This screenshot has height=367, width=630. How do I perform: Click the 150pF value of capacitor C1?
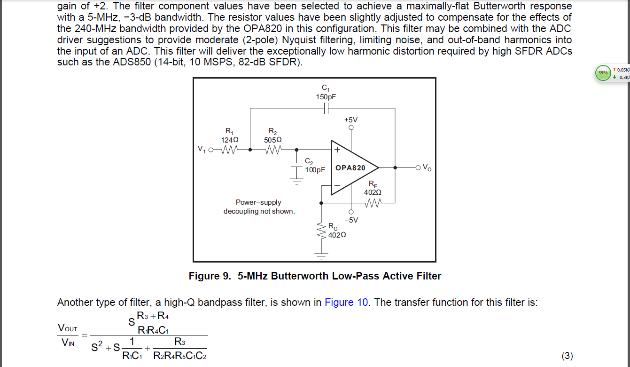(x=326, y=96)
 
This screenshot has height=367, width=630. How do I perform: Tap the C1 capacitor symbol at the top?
(x=326, y=108)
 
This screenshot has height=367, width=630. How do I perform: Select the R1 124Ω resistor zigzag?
(x=229, y=150)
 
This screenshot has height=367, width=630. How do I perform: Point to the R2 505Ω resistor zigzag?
(x=272, y=150)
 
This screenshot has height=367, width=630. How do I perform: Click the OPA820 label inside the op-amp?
(x=350, y=168)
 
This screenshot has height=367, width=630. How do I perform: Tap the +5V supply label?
(x=351, y=120)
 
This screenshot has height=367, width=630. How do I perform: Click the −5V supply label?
(x=351, y=220)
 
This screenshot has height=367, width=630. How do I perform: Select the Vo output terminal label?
(x=426, y=168)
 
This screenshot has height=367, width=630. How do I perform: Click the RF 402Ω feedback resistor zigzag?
(x=373, y=203)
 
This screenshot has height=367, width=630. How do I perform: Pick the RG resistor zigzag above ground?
(x=321, y=231)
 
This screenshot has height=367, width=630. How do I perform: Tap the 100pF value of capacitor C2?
(x=315, y=170)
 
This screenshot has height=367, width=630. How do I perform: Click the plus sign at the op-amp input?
(x=337, y=150)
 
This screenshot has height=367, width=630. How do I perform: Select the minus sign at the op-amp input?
(x=337, y=186)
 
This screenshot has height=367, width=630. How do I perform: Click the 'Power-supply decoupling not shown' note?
(x=259, y=207)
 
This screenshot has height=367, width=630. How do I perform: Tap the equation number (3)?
(x=567, y=356)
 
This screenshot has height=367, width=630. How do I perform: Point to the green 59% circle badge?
(x=602, y=73)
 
